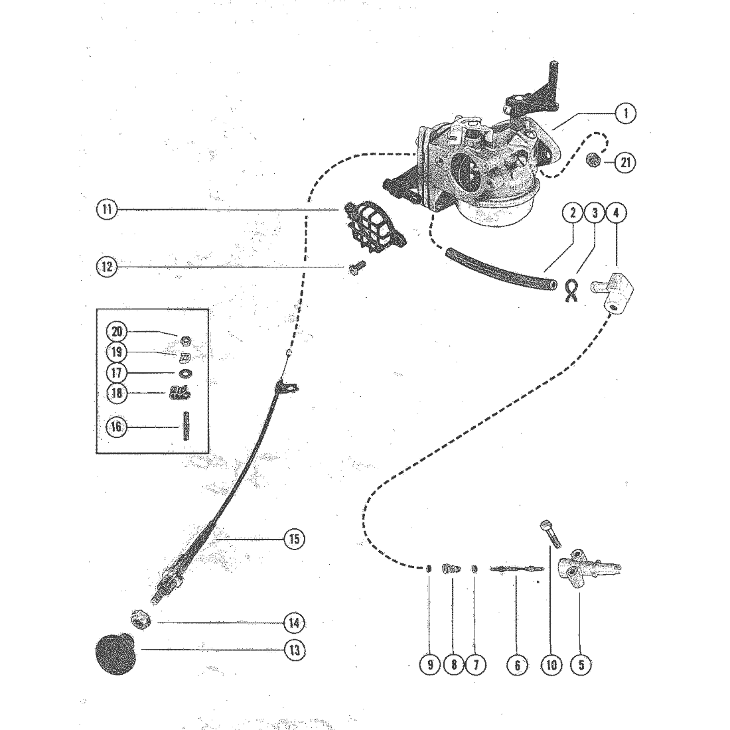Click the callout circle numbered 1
click(x=626, y=113)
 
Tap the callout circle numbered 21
click(x=626, y=163)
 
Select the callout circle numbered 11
click(x=107, y=209)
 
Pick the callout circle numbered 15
click(x=294, y=539)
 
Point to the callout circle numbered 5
click(x=581, y=664)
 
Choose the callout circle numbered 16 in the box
click(x=116, y=427)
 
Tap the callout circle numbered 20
click(x=116, y=331)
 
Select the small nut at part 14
click(x=141, y=620)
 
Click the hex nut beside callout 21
click(x=593, y=161)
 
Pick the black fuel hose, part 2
click(x=501, y=269)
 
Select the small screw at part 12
click(x=357, y=267)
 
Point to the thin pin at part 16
click(x=186, y=426)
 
